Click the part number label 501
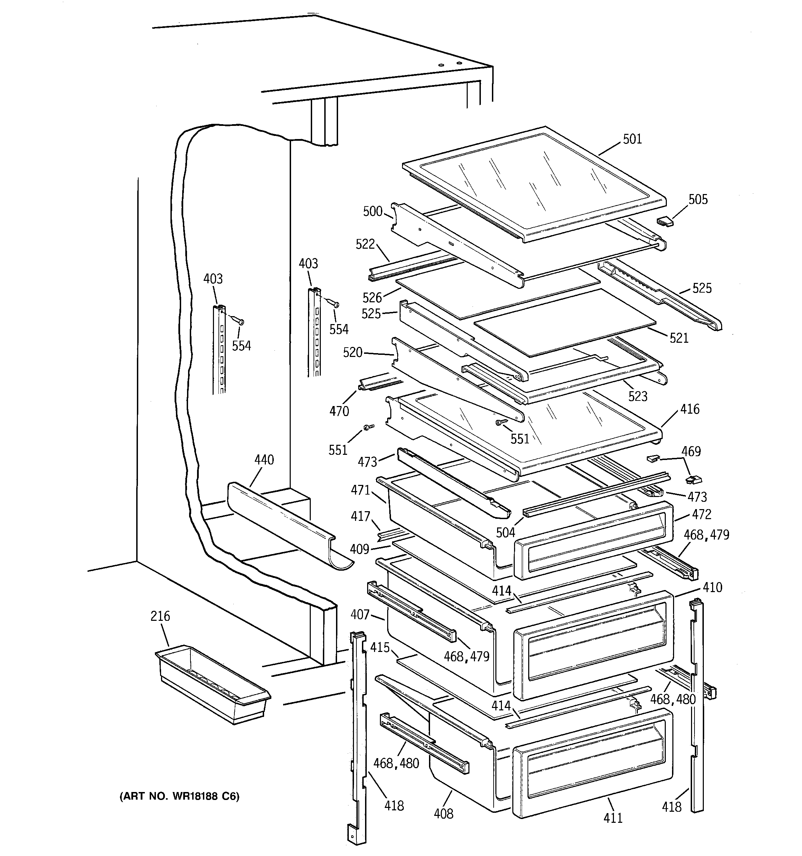coord(632,139)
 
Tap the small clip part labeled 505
coord(665,222)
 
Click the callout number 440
coord(264,460)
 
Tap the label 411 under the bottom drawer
coord(613,818)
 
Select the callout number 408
coord(444,813)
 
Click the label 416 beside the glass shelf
coord(690,409)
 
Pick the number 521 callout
coord(679,338)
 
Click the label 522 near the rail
coord(365,244)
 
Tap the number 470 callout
coord(339,411)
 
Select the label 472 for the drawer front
coord(702,514)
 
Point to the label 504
coord(505,533)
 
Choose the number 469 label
coord(691,451)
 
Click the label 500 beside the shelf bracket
coord(372,211)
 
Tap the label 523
coord(637,396)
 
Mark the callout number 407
coord(360,615)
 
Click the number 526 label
coord(372,297)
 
